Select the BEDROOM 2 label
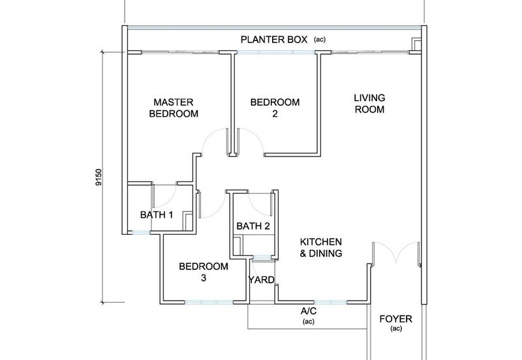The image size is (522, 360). [x=275, y=108]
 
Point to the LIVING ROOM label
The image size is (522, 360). [x=369, y=104]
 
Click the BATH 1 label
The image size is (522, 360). [x=157, y=215]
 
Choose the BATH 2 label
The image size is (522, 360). [x=253, y=226]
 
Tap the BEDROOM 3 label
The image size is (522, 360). [x=204, y=272]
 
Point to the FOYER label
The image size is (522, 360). [x=395, y=320]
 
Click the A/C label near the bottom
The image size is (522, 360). [x=308, y=312]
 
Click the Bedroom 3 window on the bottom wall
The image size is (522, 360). [x=208, y=303]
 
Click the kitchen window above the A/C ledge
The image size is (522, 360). [x=330, y=303]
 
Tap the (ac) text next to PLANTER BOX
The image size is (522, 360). [x=319, y=40]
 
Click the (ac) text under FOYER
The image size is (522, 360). [x=395, y=329]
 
